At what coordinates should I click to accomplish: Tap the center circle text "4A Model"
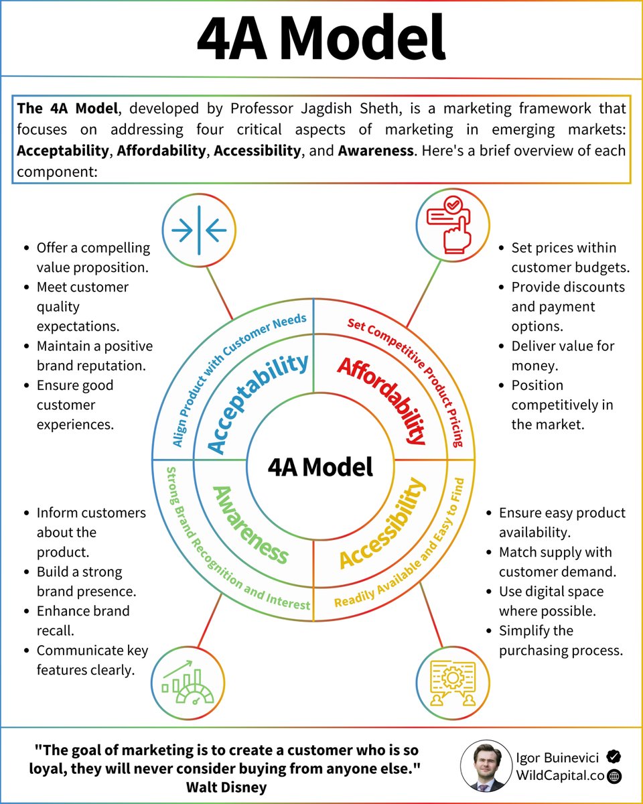tap(320, 467)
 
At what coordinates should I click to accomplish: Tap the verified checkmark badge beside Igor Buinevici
tap(613, 756)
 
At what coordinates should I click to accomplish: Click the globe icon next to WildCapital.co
tap(613, 776)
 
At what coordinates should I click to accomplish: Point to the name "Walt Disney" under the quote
tap(226, 787)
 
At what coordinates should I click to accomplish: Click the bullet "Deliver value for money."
tap(562, 356)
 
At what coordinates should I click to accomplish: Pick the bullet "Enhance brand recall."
tap(84, 620)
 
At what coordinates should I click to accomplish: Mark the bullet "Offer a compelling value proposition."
tap(93, 257)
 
